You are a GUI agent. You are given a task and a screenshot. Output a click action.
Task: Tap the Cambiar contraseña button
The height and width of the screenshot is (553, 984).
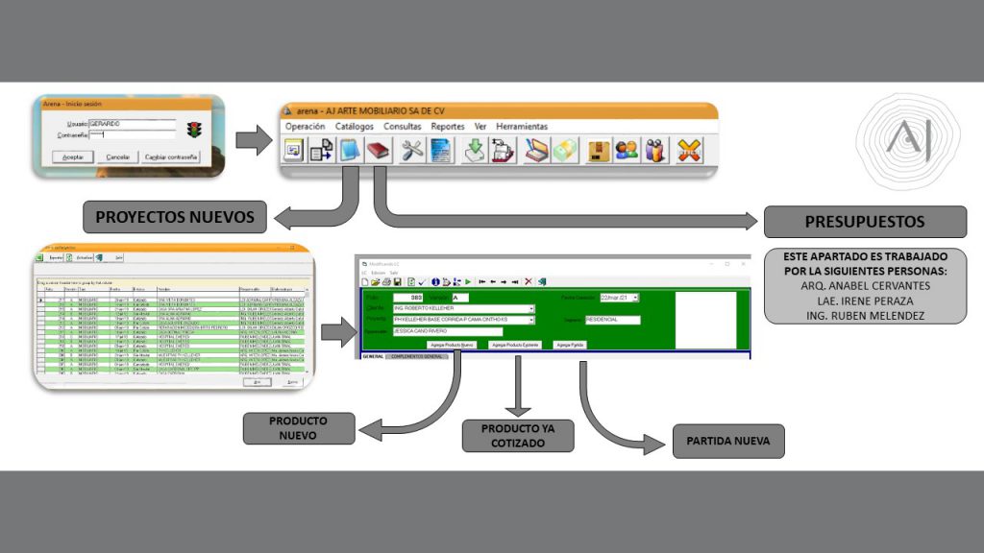171,156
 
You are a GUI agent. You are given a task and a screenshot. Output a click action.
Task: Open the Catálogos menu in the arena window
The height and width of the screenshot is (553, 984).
355,127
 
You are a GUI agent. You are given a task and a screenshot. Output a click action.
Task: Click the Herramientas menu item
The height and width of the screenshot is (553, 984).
522,127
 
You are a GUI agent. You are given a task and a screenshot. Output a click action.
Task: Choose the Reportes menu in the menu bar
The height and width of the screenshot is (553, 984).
448,127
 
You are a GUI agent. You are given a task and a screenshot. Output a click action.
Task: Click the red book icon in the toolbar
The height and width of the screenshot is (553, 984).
378,151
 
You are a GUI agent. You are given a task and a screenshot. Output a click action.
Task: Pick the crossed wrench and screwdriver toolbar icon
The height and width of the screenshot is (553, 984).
413,151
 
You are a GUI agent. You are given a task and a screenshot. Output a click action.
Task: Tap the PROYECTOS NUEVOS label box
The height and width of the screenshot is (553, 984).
175,218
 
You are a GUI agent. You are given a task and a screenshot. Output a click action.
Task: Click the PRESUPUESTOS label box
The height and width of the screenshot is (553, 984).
864,222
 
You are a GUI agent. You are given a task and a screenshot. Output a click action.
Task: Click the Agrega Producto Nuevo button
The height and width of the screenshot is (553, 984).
452,344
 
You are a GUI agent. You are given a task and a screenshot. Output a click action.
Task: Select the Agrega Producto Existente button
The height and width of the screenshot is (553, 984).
515,344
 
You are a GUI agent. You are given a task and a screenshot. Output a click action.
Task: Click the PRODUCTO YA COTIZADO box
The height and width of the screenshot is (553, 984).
519,435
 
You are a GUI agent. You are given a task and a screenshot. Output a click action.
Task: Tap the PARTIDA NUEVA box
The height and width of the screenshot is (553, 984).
728,441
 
